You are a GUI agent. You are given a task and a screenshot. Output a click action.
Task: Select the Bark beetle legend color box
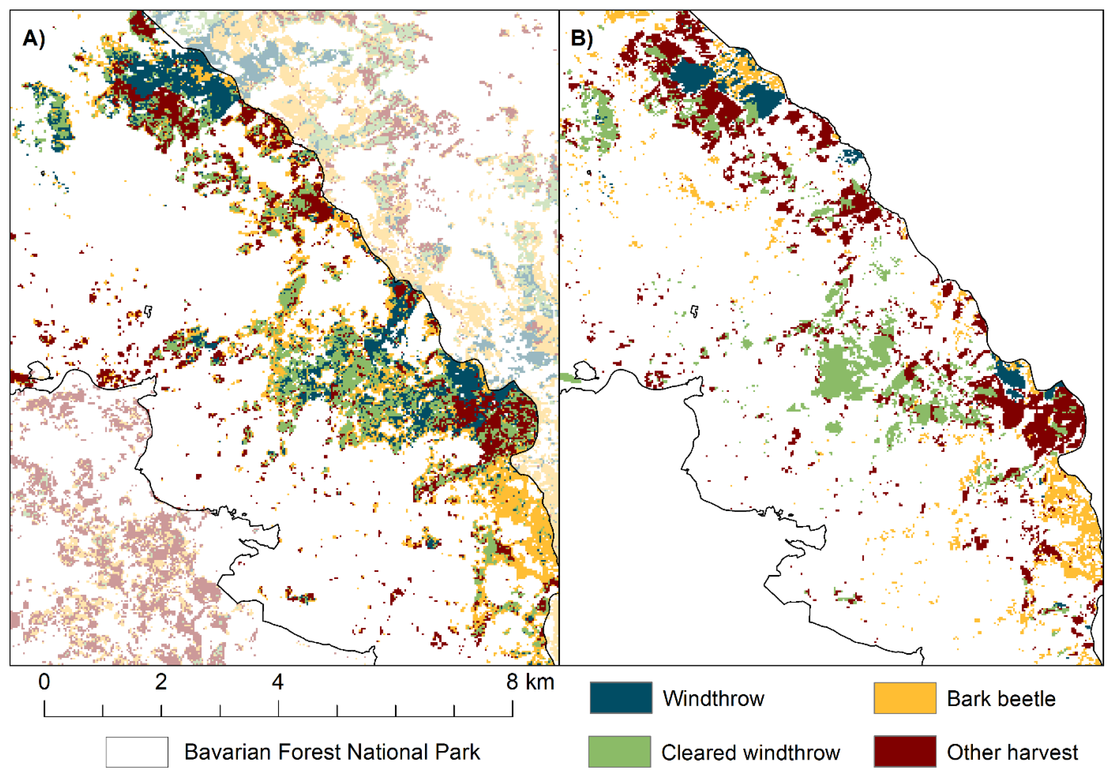coord(904,698)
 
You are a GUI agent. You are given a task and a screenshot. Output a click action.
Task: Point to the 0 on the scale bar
coord(44,682)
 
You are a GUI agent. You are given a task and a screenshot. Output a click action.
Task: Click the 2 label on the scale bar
coord(161,682)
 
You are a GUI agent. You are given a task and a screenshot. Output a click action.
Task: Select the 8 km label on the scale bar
coord(530,682)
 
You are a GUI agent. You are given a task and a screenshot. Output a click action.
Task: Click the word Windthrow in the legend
coord(713,698)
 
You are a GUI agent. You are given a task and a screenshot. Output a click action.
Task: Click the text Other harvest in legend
coord(1012,752)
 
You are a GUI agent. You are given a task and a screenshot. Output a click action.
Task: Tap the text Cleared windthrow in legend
coord(750,752)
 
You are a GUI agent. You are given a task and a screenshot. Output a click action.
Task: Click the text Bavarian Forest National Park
coord(332,752)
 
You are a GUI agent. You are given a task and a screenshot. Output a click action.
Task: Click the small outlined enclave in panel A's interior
coord(148,312)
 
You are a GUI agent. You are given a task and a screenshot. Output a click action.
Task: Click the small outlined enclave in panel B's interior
coord(695,311)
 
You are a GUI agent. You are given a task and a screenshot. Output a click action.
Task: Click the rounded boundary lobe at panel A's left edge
coord(39,371)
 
